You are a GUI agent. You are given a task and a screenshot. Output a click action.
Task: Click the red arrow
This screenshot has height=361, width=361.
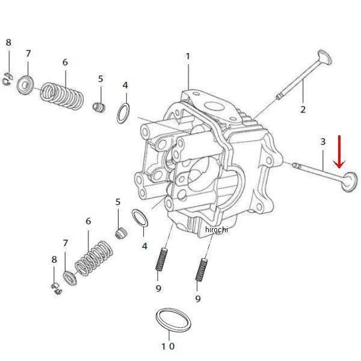tap(339, 152)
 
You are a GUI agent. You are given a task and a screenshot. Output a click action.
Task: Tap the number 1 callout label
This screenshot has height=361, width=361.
tap(188, 57)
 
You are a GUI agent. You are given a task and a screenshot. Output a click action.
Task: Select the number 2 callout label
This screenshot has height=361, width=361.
tap(303, 109)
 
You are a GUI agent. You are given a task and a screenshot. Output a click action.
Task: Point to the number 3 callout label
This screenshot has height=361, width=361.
tap(322, 141)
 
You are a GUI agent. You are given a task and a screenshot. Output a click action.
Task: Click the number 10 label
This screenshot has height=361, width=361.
tap(168, 346)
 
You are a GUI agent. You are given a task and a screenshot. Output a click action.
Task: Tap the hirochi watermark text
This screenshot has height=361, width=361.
tap(217, 230)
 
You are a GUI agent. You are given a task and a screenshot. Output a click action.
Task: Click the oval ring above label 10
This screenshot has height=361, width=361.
tap(173, 320)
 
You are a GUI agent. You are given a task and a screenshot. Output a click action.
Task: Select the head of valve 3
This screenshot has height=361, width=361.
tap(350, 182)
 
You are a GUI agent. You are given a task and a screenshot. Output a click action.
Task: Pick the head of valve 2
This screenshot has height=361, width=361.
tap(325, 57)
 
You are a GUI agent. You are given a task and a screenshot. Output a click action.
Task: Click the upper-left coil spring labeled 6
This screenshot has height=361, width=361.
tap(62, 95)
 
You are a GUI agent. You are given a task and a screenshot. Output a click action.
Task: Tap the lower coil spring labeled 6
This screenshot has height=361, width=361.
tap(94, 258)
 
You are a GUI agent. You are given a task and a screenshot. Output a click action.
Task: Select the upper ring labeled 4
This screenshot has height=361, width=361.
tap(123, 114)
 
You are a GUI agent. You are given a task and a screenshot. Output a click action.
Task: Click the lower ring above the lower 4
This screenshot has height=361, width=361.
tap(140, 218)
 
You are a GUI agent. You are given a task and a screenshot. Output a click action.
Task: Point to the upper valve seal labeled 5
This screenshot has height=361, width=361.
tap(99, 108)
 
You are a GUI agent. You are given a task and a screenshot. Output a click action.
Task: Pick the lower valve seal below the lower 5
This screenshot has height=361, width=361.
tap(121, 233)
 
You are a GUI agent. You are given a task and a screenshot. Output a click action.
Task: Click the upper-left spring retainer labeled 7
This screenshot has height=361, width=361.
tap(25, 85)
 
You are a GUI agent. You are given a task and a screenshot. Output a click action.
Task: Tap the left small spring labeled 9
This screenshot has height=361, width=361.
tap(162, 259)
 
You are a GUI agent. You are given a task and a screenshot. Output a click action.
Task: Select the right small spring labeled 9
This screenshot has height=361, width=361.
tap(202, 270)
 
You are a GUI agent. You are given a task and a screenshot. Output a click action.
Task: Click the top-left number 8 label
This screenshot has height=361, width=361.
tap(8, 42)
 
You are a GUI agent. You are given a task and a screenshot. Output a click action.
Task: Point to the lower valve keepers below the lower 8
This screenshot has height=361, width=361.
tap(57, 289)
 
